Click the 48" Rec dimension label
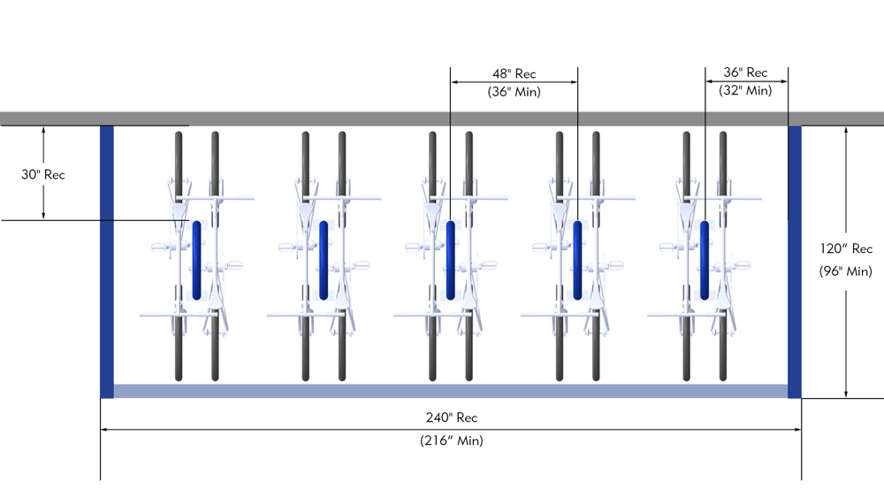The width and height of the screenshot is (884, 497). (514, 73)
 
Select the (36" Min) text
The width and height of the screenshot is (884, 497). (514, 90)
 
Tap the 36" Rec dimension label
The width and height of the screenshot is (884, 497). (746, 73)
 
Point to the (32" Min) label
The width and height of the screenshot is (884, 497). (746, 89)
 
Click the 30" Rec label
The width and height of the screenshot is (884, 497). (43, 174)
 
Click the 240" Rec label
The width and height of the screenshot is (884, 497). (451, 417)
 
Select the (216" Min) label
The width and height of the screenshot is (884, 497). (451, 440)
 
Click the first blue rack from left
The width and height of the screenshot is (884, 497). (197, 260)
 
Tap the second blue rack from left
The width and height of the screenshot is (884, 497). (324, 260)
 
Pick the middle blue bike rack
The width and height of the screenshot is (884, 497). (451, 260)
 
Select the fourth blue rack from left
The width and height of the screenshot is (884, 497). (577, 260)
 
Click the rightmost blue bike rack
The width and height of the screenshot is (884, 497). (705, 260)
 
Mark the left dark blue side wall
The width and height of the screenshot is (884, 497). (107, 262)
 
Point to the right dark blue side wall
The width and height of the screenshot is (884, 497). (795, 262)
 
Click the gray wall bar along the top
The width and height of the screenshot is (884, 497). (442, 119)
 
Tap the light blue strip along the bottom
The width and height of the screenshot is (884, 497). (451, 391)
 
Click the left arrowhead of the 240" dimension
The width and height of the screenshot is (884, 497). (105, 430)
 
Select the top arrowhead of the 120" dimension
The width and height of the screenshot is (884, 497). (847, 130)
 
